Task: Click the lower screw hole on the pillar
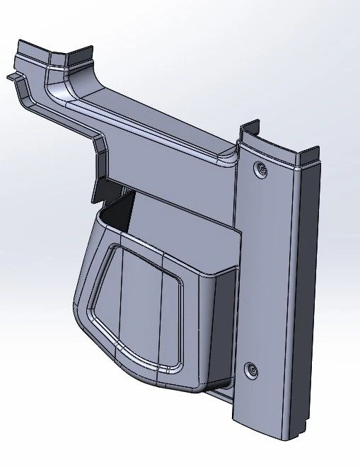tap(251, 369)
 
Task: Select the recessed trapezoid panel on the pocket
tap(138, 304)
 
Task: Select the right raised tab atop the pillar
tap(311, 151)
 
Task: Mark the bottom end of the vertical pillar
tap(272, 425)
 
